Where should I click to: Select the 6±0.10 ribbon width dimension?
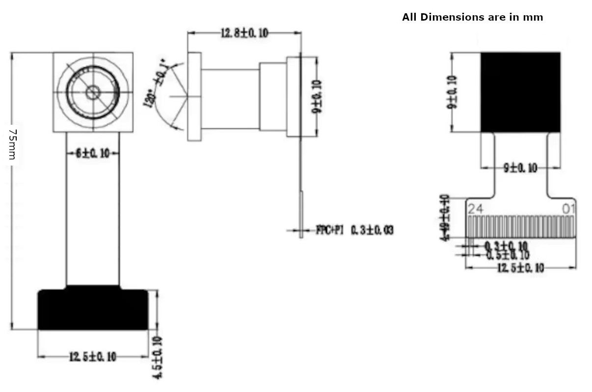(x=92, y=153)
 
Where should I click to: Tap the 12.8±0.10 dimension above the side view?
(x=244, y=33)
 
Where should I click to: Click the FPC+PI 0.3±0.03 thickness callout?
(x=354, y=229)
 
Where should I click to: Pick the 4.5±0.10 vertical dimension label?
(x=158, y=357)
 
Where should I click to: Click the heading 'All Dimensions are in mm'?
(x=472, y=17)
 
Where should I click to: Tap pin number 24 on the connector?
(x=475, y=209)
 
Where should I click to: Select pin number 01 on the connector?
(x=568, y=209)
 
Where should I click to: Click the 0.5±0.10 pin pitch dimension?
(x=508, y=255)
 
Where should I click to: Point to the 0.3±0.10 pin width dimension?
(x=506, y=246)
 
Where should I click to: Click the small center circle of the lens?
(x=93, y=92)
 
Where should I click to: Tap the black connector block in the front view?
(x=93, y=309)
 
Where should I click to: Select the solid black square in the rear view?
(x=520, y=92)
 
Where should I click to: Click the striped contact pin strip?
(x=520, y=227)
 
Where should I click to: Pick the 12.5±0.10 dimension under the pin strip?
(x=520, y=268)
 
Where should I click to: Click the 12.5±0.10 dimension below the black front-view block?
(x=93, y=357)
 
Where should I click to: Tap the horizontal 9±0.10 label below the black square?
(x=520, y=168)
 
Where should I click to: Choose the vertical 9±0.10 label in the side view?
(x=317, y=96)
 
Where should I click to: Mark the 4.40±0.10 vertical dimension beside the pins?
(x=444, y=217)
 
